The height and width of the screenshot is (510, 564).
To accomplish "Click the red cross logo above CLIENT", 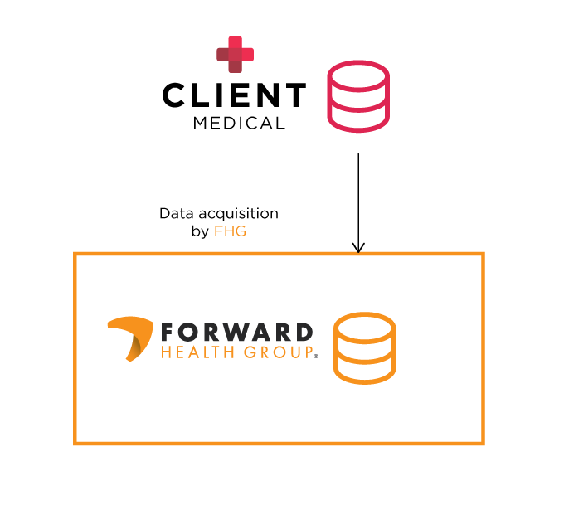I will [x=235, y=55].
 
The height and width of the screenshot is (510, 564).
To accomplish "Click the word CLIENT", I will [x=234, y=96].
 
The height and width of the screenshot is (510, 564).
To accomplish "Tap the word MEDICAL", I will [x=239, y=124].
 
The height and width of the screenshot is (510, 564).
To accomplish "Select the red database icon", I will [x=357, y=96].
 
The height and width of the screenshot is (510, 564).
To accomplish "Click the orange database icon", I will [x=364, y=348].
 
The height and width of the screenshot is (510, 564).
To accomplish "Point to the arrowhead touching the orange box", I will [x=358, y=248].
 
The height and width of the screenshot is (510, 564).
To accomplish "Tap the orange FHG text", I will [x=230, y=231].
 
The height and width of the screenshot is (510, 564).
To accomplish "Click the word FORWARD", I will [x=236, y=333].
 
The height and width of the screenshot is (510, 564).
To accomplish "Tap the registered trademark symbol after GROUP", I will [x=315, y=357].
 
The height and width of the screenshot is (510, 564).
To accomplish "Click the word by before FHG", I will [x=200, y=232].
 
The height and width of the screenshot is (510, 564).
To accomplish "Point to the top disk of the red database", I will [x=357, y=73].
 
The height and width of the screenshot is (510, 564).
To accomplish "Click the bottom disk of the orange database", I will [x=364, y=371].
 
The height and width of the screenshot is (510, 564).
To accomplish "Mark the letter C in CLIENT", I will [x=174, y=96].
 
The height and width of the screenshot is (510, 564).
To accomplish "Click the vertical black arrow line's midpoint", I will [x=358, y=202].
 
